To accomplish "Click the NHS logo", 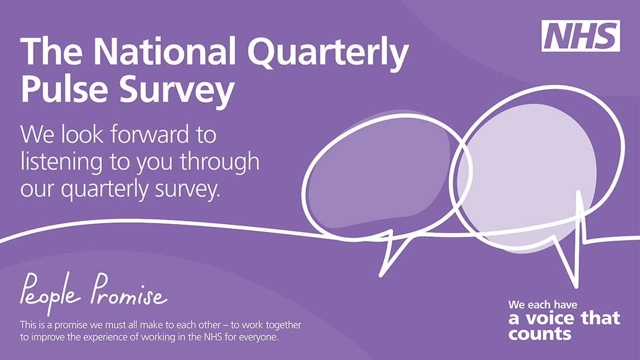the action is tap(581, 36).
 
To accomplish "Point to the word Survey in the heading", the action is tap(177, 91).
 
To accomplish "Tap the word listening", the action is tap(61, 162).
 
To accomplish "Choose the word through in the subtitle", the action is tap(219, 162).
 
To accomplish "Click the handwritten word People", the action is tap(50, 293).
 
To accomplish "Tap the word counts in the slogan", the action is tap(540, 334).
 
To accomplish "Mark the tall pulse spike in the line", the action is tap(579, 217).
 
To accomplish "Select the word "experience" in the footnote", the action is tap(106, 338).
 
